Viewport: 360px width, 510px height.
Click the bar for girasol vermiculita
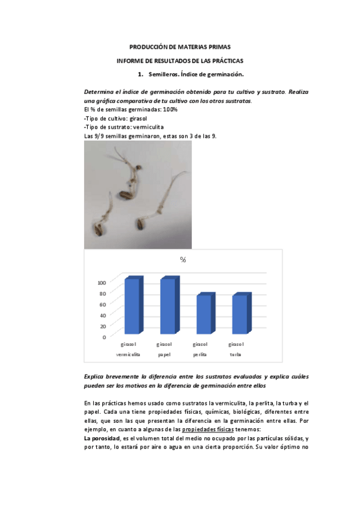pos(132,306)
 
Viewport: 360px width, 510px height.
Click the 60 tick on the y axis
pos(103,304)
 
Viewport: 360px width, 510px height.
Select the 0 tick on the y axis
pos(105,337)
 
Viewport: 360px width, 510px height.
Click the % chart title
pos(183,260)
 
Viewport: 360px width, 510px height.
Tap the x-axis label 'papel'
pos(164,354)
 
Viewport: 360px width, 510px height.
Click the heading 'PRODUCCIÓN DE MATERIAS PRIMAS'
pos(180,46)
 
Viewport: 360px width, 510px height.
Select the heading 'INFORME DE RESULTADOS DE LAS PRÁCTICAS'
pos(180,61)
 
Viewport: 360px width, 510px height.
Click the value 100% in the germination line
pos(169,110)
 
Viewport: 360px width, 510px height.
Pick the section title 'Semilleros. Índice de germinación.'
pos(195,75)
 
